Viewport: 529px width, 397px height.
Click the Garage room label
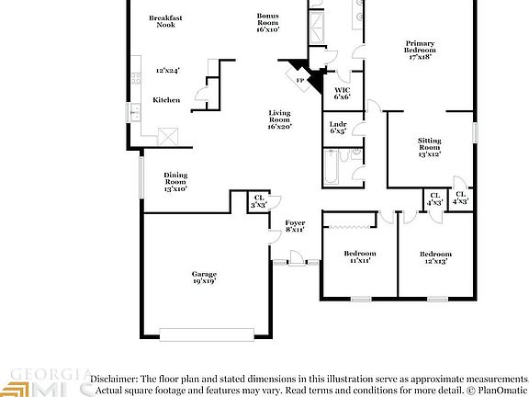204,278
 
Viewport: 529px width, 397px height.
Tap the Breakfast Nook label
165,20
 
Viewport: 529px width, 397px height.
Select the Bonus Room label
267,24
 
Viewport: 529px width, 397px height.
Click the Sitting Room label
430,147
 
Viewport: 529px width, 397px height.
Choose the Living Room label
279,119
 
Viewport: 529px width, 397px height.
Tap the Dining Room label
175,182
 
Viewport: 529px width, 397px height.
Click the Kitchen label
166,100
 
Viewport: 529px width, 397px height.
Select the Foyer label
294,226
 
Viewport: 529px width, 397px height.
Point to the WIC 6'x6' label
343,93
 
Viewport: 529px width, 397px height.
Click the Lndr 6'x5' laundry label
338,128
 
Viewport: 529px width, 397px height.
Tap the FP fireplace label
300,81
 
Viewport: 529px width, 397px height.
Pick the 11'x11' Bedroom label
359,257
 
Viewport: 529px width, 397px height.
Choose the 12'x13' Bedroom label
436,257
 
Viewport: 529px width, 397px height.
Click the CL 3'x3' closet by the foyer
258,202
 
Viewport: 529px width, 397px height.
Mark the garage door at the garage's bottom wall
203,334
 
